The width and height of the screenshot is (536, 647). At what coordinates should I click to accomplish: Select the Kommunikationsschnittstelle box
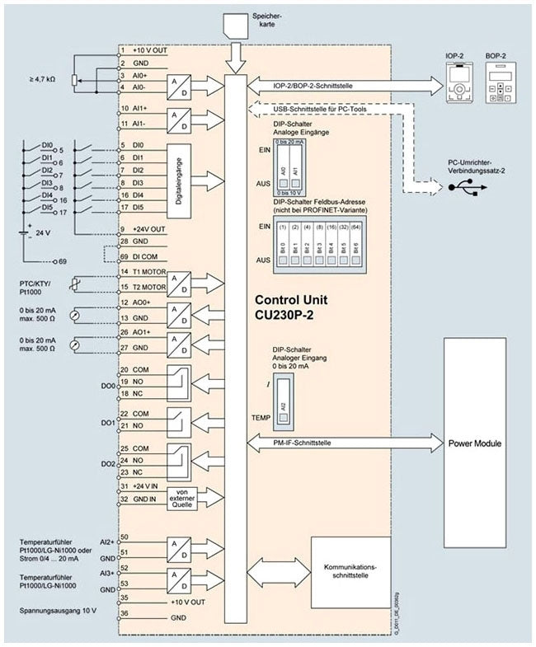point(350,570)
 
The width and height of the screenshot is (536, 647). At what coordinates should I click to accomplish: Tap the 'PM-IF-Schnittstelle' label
point(301,443)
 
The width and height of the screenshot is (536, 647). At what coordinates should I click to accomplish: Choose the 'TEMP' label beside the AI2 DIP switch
point(261,419)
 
